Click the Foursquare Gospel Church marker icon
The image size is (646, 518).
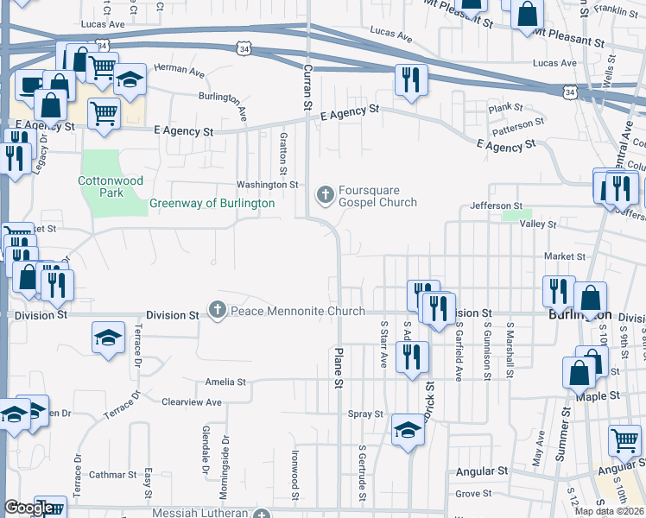click(326, 195)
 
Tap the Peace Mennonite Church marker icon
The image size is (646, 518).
click(217, 310)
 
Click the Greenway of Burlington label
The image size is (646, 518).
click(212, 204)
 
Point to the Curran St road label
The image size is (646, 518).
click(307, 85)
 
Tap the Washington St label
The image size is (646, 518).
click(268, 185)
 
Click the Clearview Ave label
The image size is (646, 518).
click(192, 402)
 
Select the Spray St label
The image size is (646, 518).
click(365, 414)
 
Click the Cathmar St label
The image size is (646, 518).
click(112, 475)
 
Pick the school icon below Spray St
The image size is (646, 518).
click(408, 429)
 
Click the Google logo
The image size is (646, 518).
click(29, 508)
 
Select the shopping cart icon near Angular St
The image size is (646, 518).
click(624, 440)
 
